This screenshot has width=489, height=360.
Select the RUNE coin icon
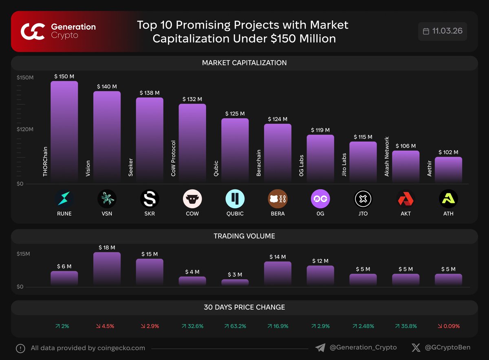point(64,199)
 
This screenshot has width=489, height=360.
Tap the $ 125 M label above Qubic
point(235,113)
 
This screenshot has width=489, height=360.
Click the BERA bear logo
point(278,199)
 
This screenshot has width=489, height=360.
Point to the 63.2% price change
point(235,326)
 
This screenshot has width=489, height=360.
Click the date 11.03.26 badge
point(443,31)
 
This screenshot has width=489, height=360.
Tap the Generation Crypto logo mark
point(33,32)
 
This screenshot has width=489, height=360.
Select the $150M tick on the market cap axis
point(25,77)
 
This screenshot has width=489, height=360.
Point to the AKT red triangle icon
point(405,199)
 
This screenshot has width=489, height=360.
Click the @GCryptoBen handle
point(447,348)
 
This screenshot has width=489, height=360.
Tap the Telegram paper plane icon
point(320,348)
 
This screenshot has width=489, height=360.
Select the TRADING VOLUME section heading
point(244,236)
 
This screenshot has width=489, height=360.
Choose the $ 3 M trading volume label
point(235,274)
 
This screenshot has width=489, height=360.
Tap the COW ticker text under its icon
point(192,214)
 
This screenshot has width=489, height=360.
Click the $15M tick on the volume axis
point(23,254)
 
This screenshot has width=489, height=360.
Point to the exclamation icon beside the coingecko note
point(20,349)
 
